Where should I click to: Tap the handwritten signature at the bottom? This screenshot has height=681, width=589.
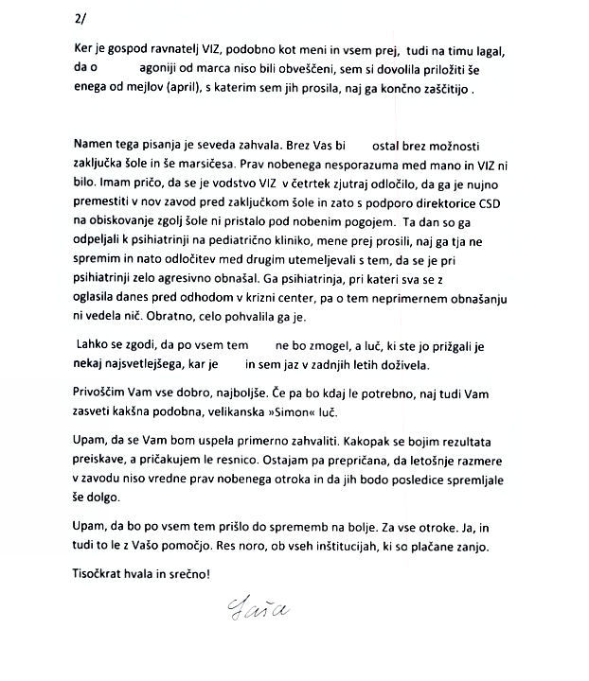(252, 602)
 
